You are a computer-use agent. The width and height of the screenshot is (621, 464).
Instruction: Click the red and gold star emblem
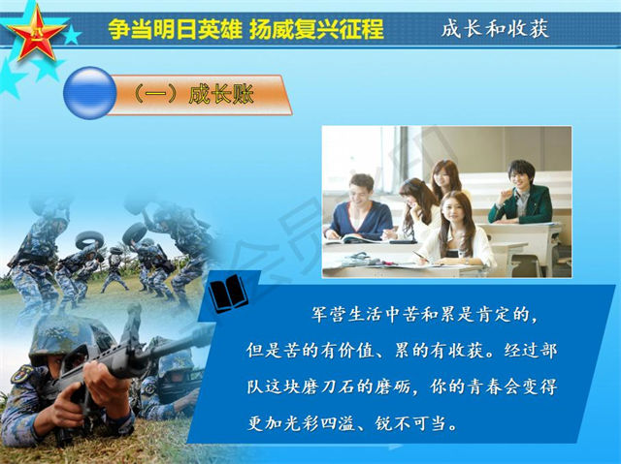pos(37,33)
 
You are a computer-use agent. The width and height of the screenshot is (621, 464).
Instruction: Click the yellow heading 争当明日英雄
pos(175,29)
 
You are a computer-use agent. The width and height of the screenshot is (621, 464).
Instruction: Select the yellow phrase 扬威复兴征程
pos(316,29)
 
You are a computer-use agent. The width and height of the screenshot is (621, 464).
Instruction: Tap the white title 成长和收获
pos(495,29)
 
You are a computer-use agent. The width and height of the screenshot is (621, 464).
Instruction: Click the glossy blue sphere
pos(90,93)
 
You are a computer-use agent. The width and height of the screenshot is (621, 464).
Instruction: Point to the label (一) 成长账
pos(193,95)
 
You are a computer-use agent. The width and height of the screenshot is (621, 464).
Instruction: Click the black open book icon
pos(227,293)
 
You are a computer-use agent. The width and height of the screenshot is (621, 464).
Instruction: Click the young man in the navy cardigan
pos(358,208)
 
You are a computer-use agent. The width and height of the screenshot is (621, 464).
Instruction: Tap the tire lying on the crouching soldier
pos(89,239)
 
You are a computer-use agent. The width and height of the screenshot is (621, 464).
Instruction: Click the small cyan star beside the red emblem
pos(72,36)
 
